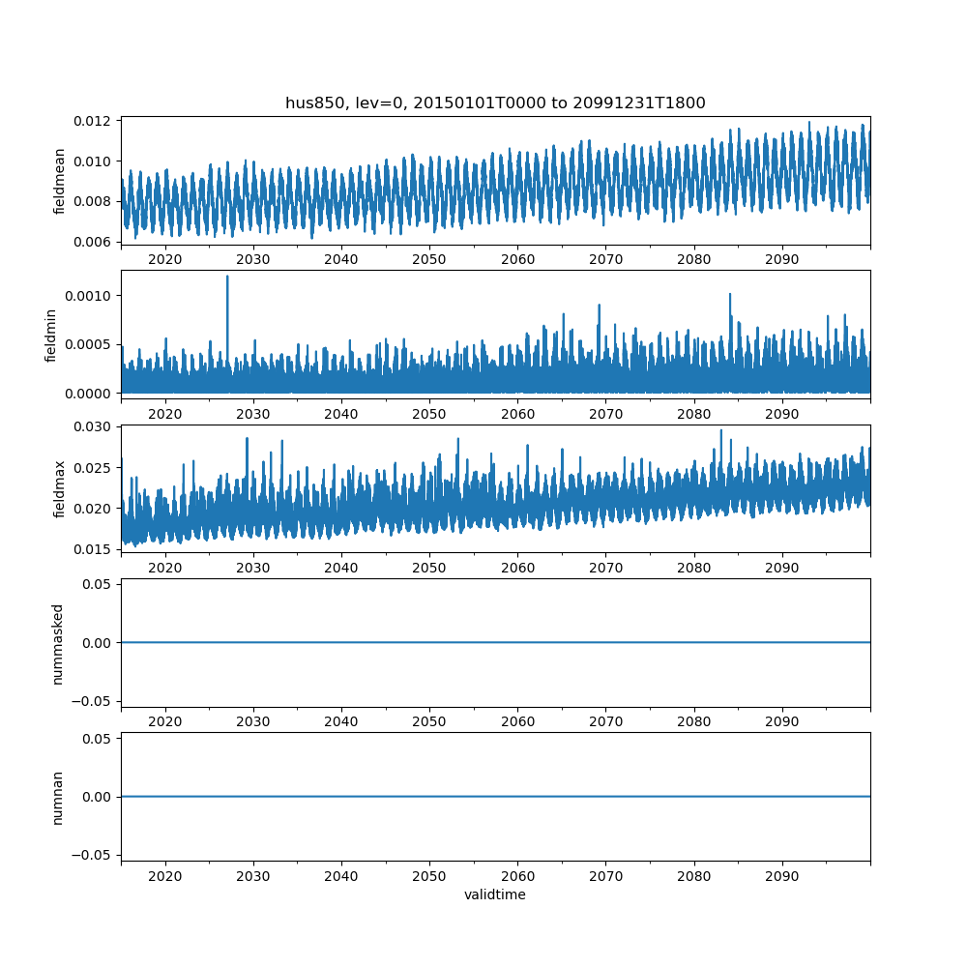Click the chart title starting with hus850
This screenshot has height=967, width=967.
(495, 103)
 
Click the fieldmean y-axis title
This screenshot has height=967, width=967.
(60, 181)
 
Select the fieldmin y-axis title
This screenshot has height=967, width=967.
(50, 335)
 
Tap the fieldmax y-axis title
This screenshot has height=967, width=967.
(60, 489)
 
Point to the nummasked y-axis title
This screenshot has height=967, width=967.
(58, 643)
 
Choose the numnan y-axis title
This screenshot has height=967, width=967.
(58, 797)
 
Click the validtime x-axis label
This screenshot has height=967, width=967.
(495, 894)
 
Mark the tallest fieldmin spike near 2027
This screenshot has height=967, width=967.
(227, 278)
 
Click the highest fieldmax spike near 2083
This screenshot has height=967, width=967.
(720, 430)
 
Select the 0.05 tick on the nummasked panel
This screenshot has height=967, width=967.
(101, 584)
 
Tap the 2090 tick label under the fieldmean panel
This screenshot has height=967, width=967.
(782, 259)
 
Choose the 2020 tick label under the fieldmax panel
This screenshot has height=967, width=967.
(165, 568)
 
